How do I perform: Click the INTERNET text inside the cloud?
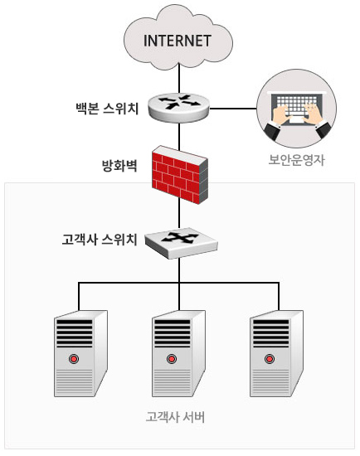point(178,41)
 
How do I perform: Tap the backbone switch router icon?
point(178,108)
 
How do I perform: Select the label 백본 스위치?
point(107,109)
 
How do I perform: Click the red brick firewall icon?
point(180,174)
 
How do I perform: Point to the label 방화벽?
point(119,166)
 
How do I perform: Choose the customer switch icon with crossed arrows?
point(182,243)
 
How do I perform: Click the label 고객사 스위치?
point(100,240)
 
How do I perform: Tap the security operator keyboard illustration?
point(296,109)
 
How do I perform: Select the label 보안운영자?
point(296,160)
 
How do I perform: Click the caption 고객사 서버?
point(176,417)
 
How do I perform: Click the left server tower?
point(80,353)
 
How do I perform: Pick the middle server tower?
point(178,353)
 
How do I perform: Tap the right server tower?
point(277,353)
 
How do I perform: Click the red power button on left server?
point(74,359)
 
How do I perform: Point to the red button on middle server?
point(172,359)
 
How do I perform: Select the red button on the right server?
point(270,359)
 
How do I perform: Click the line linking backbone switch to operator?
point(233,109)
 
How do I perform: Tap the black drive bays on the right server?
point(271,333)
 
